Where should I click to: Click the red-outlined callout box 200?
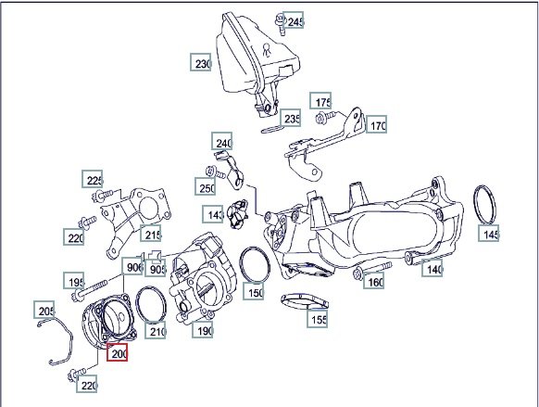click(117, 352)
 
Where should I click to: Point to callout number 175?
click(320, 101)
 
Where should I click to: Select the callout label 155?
click(317, 318)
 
